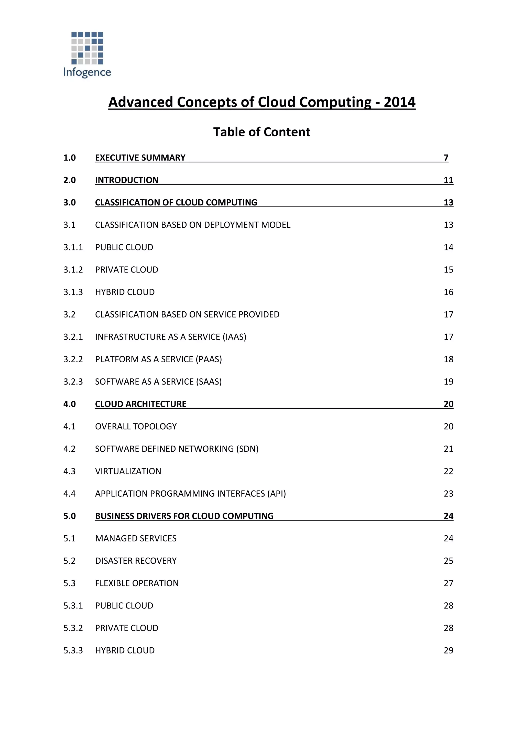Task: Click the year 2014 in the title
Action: tap(399, 102)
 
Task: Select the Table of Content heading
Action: tap(262, 132)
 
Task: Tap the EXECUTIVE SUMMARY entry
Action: tap(140, 158)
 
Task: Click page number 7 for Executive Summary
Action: tap(446, 158)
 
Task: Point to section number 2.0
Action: tap(69, 180)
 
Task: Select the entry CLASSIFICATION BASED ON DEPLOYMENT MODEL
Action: tap(193, 225)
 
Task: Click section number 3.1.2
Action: tap(73, 270)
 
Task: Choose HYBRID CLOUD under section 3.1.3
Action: tap(125, 292)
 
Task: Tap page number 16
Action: tap(449, 292)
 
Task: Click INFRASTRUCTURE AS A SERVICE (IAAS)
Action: tap(170, 337)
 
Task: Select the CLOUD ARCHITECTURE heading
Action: tap(141, 404)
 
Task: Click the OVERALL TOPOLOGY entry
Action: tap(136, 427)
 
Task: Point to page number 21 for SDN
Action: tap(449, 449)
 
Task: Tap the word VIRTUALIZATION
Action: tap(128, 472)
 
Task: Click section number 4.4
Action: tap(69, 494)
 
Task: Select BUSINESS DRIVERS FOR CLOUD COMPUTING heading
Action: tap(184, 516)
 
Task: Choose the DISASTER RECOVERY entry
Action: tap(136, 561)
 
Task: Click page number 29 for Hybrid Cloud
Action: tap(449, 651)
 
